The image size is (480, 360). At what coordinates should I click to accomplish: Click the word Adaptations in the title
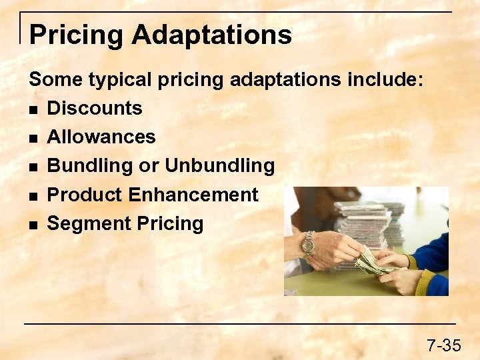coord(211,35)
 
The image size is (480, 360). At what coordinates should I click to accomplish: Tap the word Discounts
coord(95,108)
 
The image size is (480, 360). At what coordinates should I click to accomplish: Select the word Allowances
coord(101,137)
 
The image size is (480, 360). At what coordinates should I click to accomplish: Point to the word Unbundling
coord(219,165)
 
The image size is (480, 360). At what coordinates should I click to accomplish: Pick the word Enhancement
coord(193,195)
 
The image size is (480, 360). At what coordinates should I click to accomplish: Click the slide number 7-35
coord(443,345)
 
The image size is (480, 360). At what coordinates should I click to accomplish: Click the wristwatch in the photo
coord(308,244)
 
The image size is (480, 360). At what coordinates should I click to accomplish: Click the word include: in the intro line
coord(385,80)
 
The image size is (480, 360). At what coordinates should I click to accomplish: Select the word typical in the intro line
coord(114,80)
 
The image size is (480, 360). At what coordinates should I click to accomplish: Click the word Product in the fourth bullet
coord(85,195)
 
